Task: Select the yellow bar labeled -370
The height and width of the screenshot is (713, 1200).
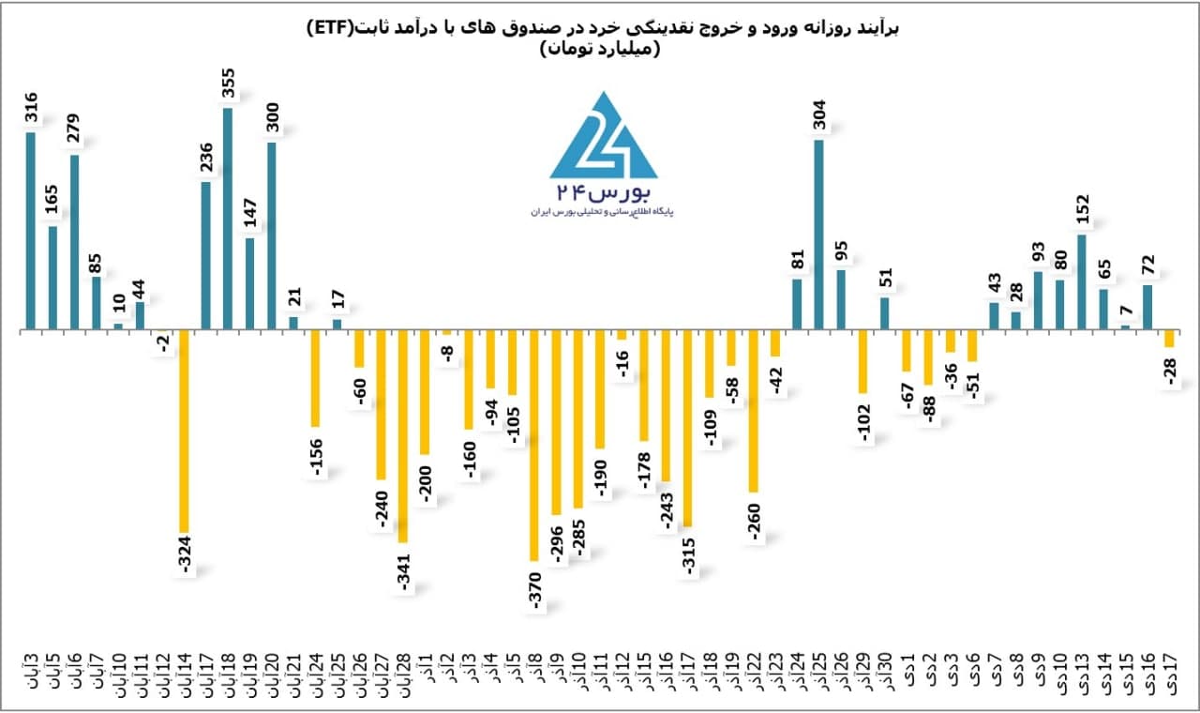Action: [x=534, y=445]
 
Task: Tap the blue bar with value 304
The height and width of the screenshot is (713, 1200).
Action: [x=818, y=235]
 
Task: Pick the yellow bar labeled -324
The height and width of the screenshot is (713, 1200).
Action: [x=185, y=432]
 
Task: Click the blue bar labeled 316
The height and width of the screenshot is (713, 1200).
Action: [x=31, y=232]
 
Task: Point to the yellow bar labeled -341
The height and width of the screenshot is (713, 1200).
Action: [x=403, y=436]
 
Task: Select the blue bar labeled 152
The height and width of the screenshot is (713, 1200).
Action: [x=1082, y=282]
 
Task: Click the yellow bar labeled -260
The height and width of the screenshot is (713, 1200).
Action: [x=753, y=412]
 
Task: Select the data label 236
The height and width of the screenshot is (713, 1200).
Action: [x=206, y=156]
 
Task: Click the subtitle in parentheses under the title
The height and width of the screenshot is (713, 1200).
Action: [x=600, y=50]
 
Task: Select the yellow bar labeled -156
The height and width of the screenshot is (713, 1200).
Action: [x=316, y=379]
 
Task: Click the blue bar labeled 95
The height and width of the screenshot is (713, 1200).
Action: [x=841, y=300]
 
